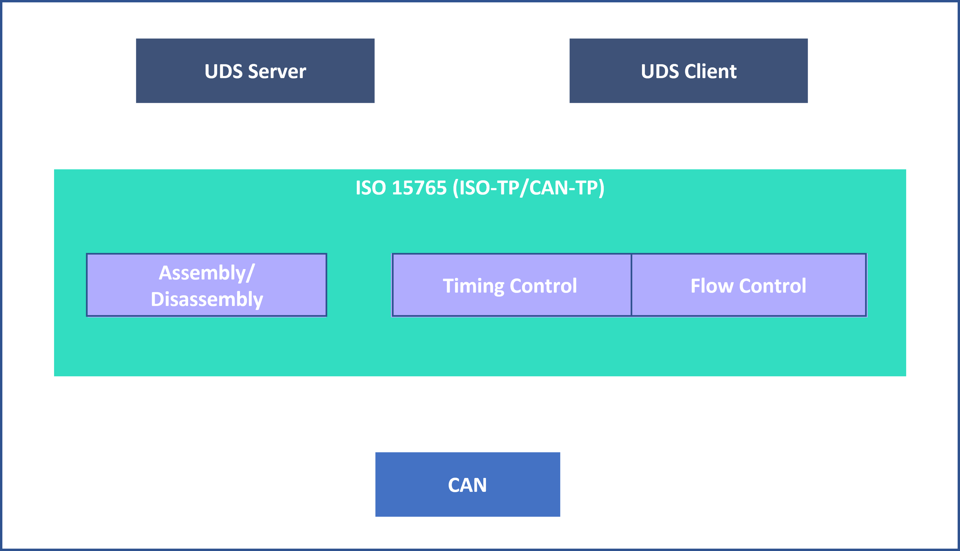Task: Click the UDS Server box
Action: [x=255, y=71]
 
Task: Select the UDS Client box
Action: [x=689, y=71]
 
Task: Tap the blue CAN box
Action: [x=467, y=484]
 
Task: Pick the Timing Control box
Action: [x=512, y=285]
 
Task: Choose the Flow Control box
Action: [x=749, y=285]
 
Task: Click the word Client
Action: [x=710, y=72]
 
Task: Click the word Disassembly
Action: [x=207, y=300]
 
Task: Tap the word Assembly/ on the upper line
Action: [x=207, y=273]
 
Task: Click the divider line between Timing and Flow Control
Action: [x=631, y=285]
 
